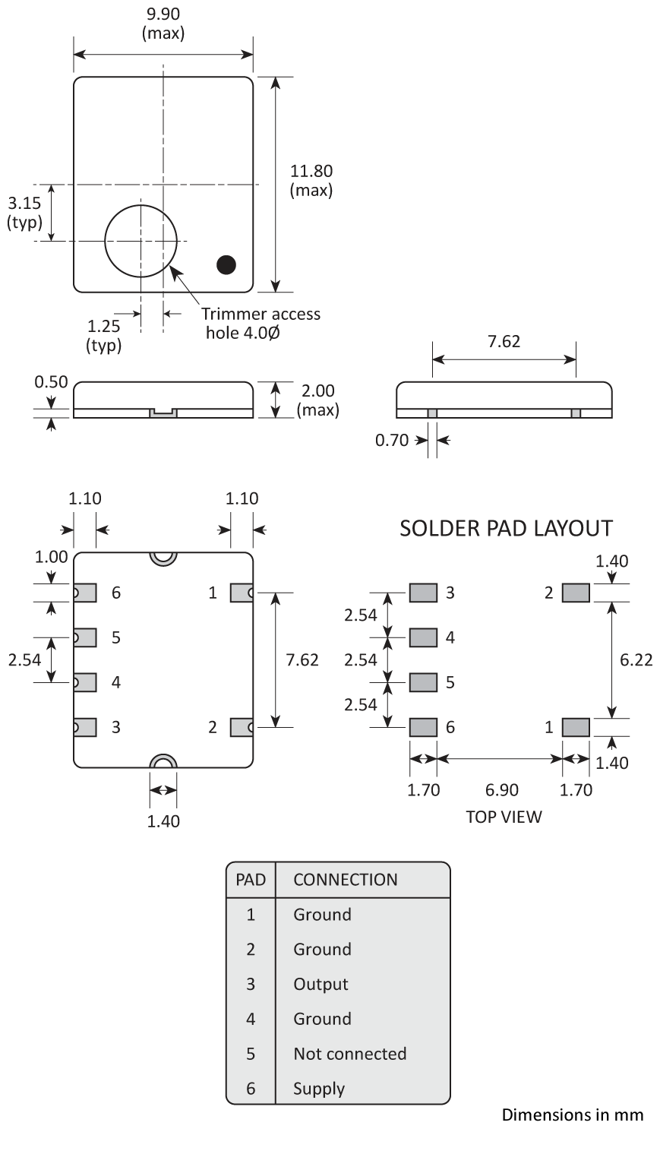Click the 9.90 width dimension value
[x=163, y=15]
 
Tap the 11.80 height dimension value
[x=311, y=172]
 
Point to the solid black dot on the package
[x=226, y=264]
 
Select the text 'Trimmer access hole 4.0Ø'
[x=261, y=323]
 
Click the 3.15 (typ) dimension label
[x=24, y=213]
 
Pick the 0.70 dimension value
[x=392, y=440]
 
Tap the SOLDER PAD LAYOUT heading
[x=506, y=528]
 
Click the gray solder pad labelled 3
[x=423, y=593]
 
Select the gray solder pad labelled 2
[x=576, y=593]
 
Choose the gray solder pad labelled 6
[x=423, y=727]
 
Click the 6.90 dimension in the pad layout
[x=501, y=790]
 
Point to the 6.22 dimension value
[x=636, y=659]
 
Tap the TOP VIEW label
[x=504, y=817]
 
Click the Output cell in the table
[x=321, y=984]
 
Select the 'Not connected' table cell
[x=349, y=1054]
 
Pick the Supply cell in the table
[x=319, y=1089]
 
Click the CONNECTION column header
[x=345, y=880]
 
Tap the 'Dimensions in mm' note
[x=572, y=1115]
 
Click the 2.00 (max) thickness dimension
[x=317, y=400]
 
